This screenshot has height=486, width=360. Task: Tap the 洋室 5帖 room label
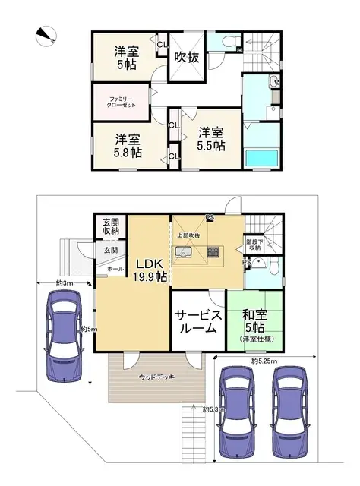(127, 59)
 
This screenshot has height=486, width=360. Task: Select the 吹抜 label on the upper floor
(187, 56)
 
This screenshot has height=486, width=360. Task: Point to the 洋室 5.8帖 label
(128, 146)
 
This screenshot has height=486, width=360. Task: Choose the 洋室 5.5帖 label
(210, 138)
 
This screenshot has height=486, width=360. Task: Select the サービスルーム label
(197, 322)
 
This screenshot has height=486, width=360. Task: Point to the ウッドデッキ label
(155, 377)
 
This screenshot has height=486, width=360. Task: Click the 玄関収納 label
(110, 226)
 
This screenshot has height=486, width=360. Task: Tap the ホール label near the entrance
(115, 269)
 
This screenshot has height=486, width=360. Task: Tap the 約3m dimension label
(64, 283)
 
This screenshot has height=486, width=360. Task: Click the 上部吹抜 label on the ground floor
(189, 235)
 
